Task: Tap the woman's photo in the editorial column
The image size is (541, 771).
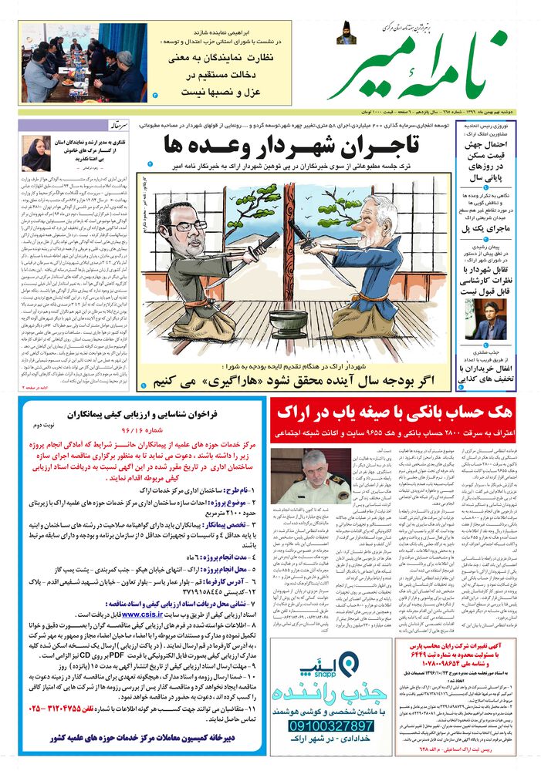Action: [x=36, y=154]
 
